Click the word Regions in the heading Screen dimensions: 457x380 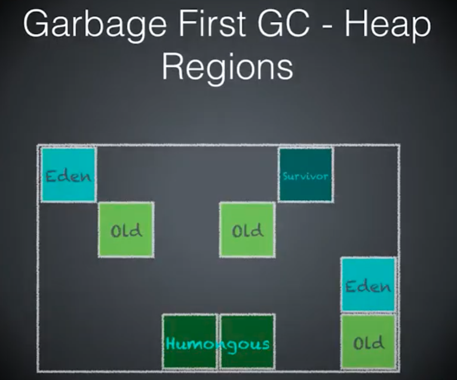click(x=228, y=68)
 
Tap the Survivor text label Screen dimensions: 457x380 click(x=305, y=176)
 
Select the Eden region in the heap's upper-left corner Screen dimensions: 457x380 click(x=69, y=175)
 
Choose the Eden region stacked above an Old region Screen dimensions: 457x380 click(x=368, y=284)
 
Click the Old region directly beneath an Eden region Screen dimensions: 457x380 click(x=368, y=342)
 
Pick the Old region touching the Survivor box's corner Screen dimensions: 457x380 click(x=247, y=230)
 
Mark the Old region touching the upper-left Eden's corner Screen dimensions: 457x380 click(x=126, y=230)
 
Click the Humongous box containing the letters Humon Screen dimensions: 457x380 click(x=189, y=342)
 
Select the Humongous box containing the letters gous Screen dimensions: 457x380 click(x=247, y=342)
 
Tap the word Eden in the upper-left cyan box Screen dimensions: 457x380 click(x=69, y=177)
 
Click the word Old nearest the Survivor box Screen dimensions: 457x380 click(x=247, y=231)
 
